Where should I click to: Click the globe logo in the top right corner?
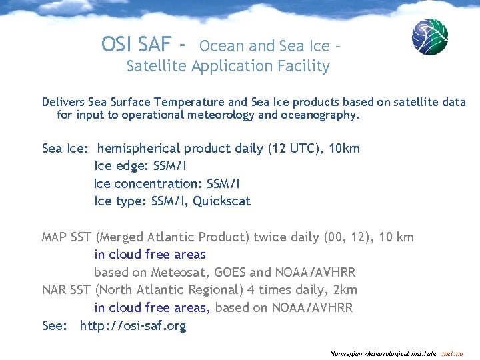(429, 37)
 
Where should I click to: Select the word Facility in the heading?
(305, 66)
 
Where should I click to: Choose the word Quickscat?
(221, 201)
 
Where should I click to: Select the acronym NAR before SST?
(54, 289)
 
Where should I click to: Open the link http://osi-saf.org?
(133, 326)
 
